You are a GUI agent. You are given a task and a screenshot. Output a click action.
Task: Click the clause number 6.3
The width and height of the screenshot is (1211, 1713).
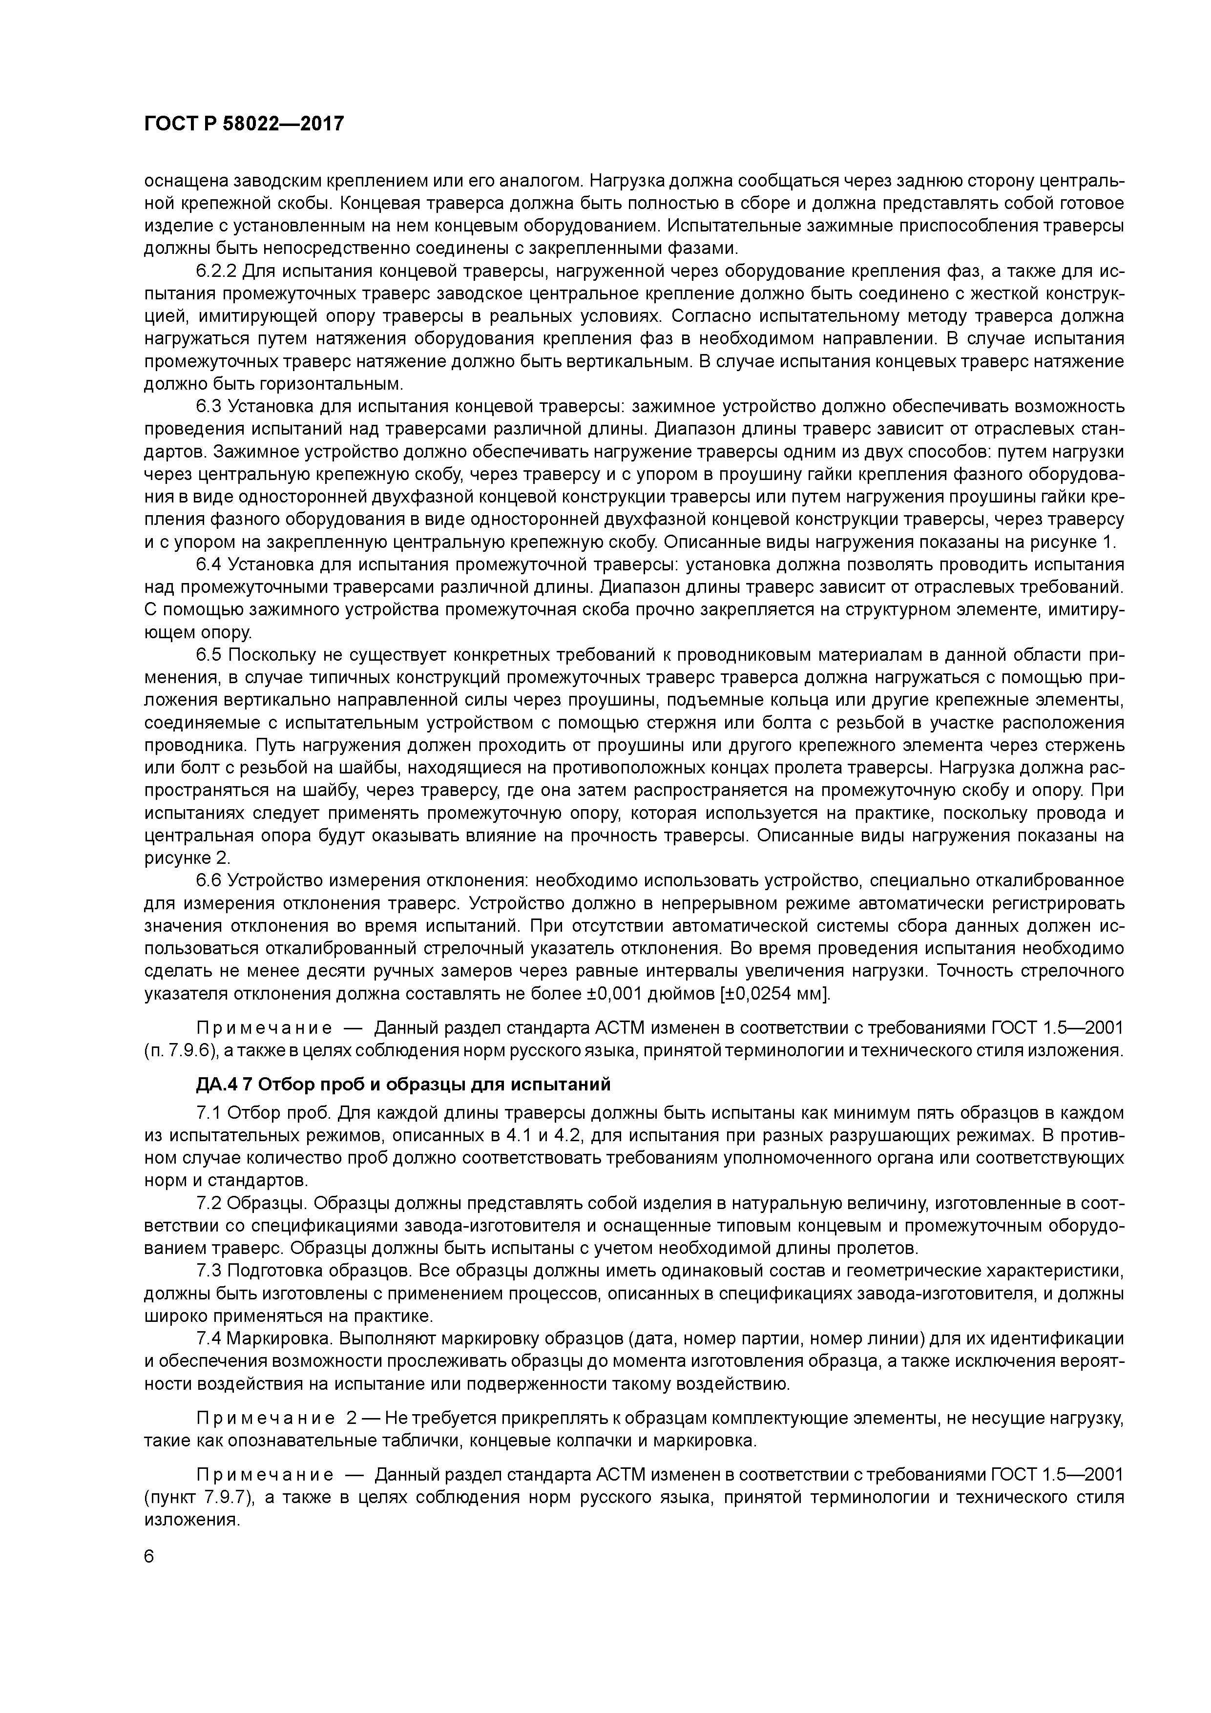tap(209, 407)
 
